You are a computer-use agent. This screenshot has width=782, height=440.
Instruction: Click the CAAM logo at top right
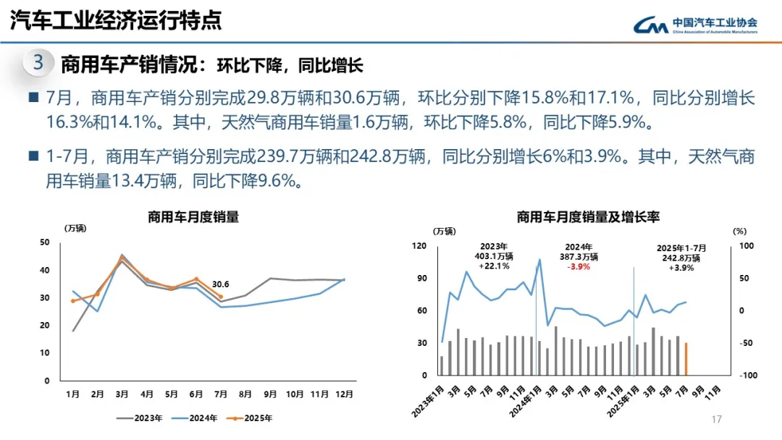(x=695, y=25)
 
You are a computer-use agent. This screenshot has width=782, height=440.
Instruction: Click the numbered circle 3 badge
(x=38, y=63)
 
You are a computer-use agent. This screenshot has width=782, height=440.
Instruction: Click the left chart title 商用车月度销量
(x=193, y=216)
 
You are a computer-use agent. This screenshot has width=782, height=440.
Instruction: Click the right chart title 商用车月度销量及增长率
(x=587, y=216)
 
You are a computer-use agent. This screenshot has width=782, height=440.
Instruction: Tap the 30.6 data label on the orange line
(x=221, y=284)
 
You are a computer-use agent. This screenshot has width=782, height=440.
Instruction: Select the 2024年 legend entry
(x=195, y=418)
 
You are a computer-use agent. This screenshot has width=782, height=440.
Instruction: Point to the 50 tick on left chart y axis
(x=45, y=242)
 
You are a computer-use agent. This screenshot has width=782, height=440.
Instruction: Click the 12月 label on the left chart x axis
(x=344, y=394)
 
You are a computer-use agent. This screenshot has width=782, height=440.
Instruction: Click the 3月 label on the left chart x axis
(x=122, y=394)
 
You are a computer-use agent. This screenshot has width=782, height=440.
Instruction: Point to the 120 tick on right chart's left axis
(x=419, y=246)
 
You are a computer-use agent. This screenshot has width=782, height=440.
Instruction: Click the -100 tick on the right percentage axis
(x=747, y=376)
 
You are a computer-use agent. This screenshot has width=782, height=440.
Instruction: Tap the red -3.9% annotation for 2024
(x=579, y=266)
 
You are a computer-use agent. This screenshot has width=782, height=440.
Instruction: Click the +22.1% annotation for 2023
(x=494, y=266)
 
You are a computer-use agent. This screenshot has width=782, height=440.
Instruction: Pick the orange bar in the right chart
(x=686, y=359)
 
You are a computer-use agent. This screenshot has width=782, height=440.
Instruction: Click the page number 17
(x=718, y=420)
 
